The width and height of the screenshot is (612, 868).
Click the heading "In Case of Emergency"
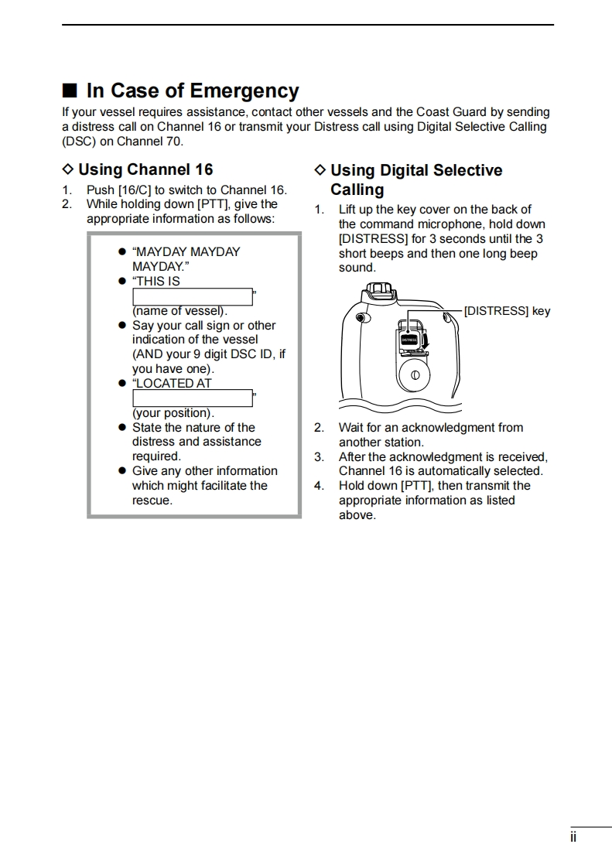pyautogui.click(x=193, y=91)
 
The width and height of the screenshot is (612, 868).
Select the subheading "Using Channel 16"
pyautogui.click(x=145, y=169)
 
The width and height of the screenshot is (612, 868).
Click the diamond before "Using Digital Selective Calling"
pyautogui.click(x=320, y=170)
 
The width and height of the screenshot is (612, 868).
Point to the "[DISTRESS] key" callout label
pyautogui.click(x=507, y=311)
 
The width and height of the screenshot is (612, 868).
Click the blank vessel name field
pyautogui.click(x=193, y=296)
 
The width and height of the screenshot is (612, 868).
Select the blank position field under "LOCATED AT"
pyautogui.click(x=193, y=398)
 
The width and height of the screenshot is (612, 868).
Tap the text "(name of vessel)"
pyautogui.click(x=180, y=311)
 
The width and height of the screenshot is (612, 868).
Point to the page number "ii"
pyautogui.click(x=573, y=838)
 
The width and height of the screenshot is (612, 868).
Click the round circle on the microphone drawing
pyautogui.click(x=415, y=375)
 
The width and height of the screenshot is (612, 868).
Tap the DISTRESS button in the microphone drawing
pyautogui.click(x=409, y=339)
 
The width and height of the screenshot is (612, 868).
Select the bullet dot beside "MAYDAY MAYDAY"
pyautogui.click(x=121, y=252)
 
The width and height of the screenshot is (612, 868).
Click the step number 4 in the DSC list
pyautogui.click(x=319, y=486)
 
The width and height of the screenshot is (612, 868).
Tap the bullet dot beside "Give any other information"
pyautogui.click(x=121, y=471)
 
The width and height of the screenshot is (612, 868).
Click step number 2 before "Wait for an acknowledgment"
pyautogui.click(x=319, y=428)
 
